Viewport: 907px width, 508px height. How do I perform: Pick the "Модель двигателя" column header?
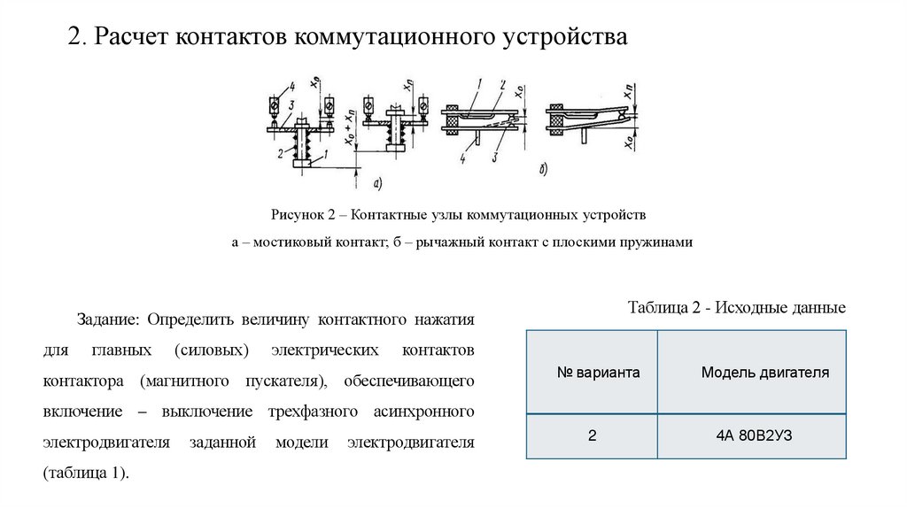[x=764, y=373]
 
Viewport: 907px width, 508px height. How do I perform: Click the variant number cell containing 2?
[x=591, y=435]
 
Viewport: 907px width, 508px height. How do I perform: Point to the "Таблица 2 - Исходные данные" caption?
[x=736, y=308]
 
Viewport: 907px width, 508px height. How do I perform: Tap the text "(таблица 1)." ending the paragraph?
[x=86, y=472]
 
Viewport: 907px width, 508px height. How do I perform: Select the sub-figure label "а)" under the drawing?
[x=377, y=183]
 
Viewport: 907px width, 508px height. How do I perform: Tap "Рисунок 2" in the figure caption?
[x=302, y=215]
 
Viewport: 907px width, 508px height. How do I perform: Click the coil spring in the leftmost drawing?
[x=302, y=143]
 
